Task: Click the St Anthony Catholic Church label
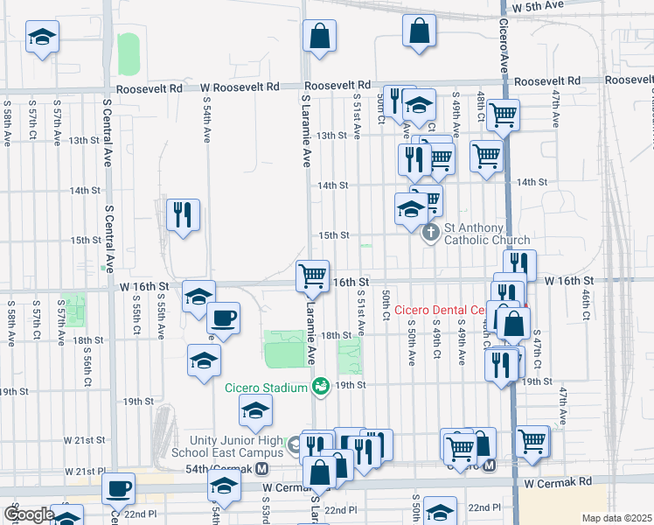487,234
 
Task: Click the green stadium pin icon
321,386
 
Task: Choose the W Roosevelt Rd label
240,87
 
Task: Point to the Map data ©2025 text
616,518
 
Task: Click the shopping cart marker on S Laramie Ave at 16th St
312,276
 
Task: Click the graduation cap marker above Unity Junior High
255,410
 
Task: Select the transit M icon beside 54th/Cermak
262,469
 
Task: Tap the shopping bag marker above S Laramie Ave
320,37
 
